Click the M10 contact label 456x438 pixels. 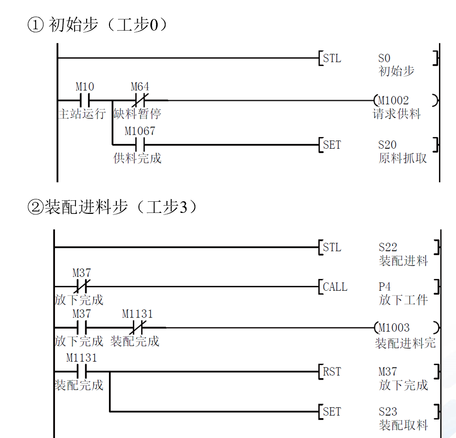(x=85, y=87)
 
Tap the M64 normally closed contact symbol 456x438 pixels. (x=140, y=101)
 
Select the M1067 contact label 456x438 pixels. (x=140, y=131)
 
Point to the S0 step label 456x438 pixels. (x=384, y=59)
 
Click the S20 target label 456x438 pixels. (x=387, y=145)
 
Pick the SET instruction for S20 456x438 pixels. (x=332, y=145)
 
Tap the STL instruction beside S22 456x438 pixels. (x=332, y=248)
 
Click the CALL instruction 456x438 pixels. (x=335, y=287)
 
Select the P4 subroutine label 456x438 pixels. (x=385, y=287)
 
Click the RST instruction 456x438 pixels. (x=332, y=372)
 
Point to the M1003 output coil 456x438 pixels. (x=406, y=328)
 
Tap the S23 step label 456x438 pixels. (x=388, y=412)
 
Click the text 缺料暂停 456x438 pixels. (x=137, y=114)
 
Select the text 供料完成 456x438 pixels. (x=137, y=158)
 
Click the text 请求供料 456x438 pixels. (x=396, y=114)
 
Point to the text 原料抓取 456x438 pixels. (x=402, y=158)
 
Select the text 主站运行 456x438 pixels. (x=81, y=114)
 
